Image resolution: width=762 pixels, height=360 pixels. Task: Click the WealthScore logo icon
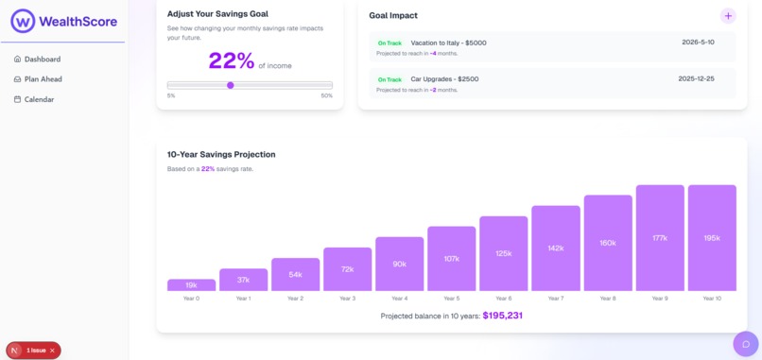pyautogui.click(x=23, y=21)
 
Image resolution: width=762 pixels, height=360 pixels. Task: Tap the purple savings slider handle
pyautogui.click(x=231, y=85)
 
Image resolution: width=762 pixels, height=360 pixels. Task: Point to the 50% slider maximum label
pyautogui.click(x=326, y=95)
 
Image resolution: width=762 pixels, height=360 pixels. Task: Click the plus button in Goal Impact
pyautogui.click(x=728, y=16)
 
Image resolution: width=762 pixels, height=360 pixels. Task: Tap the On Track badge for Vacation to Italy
pyautogui.click(x=390, y=43)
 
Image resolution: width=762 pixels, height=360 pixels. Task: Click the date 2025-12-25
pyautogui.click(x=696, y=78)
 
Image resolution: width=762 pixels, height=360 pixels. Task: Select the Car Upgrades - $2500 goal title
pyautogui.click(x=444, y=79)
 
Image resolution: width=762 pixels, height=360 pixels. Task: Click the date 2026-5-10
pyautogui.click(x=698, y=43)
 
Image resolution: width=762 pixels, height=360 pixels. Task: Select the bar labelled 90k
pyautogui.click(x=399, y=264)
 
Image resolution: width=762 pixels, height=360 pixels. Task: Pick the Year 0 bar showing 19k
pyautogui.click(x=191, y=284)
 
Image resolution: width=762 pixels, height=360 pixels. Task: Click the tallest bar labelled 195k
pyautogui.click(x=711, y=238)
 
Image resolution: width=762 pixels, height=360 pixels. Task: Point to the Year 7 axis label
pyautogui.click(x=555, y=299)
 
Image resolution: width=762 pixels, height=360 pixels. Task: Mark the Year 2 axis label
pyautogui.click(x=295, y=299)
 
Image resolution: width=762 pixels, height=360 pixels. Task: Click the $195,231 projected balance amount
pyautogui.click(x=502, y=316)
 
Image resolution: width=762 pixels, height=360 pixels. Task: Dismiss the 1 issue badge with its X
pyautogui.click(x=53, y=351)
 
